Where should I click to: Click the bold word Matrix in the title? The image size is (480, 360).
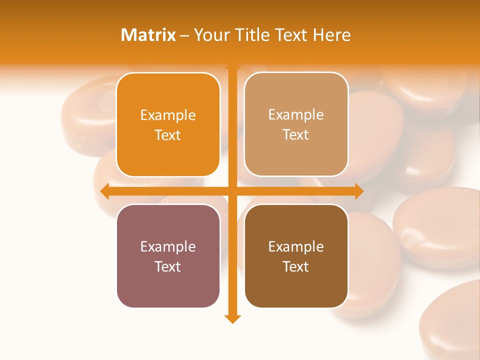[148, 35]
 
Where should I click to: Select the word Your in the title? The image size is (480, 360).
[211, 35]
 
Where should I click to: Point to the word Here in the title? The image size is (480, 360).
[332, 35]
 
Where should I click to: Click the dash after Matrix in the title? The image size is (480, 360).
[185, 35]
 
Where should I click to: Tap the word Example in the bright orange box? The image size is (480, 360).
[168, 115]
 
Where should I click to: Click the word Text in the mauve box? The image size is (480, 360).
[168, 266]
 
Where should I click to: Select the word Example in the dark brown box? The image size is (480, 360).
[296, 246]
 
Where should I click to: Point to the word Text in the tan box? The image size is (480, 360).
[296, 135]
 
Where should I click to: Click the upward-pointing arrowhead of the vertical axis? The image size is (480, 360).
[232, 66]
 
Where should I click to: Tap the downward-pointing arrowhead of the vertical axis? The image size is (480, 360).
[232, 318]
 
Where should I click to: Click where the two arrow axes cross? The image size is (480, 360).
[232, 191]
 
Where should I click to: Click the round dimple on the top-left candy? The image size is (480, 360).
[106, 102]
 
